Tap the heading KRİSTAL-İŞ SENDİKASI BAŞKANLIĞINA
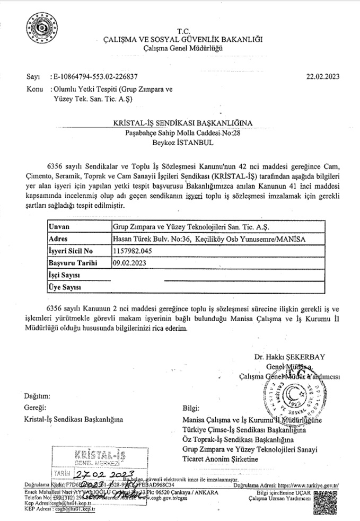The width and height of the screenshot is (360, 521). [x=183, y=123]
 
